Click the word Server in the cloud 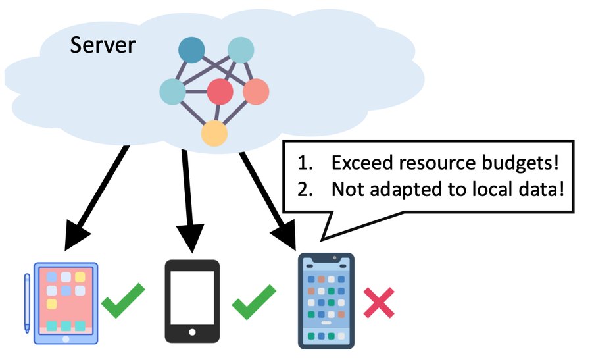(103, 45)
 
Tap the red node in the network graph (220, 91)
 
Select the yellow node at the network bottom (214, 134)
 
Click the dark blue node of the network (192, 50)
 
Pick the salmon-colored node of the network (256, 91)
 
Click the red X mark (379, 303)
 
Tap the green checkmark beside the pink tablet (123, 300)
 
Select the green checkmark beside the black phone (254, 302)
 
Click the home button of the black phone (192, 332)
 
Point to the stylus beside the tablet (27, 303)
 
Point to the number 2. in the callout (305, 190)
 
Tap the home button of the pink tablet (66, 339)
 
